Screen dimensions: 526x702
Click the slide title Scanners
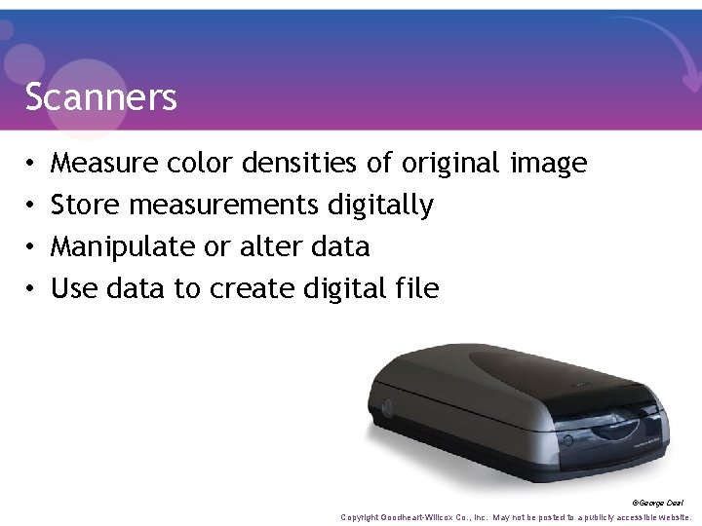(100, 96)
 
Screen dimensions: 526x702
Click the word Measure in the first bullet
(104, 164)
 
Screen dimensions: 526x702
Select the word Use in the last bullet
(71, 288)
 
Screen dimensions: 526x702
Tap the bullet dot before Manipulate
(30, 247)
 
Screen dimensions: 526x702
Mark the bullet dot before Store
(30, 206)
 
